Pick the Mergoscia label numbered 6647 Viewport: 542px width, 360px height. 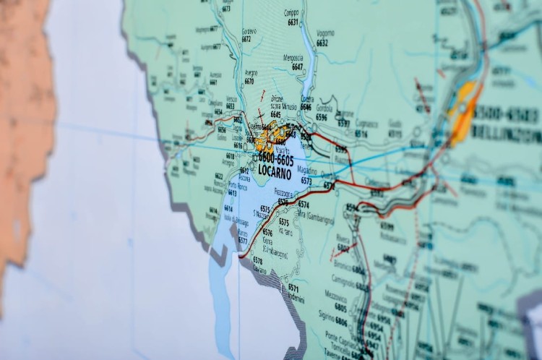pos(293,62)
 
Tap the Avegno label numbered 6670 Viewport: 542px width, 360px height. pos(250,77)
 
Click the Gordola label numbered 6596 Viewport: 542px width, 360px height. pos(324,112)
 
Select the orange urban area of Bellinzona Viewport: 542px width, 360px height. pos(463,108)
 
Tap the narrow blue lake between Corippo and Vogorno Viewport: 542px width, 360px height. pos(308,54)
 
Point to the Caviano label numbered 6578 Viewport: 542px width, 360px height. pos(257,263)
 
